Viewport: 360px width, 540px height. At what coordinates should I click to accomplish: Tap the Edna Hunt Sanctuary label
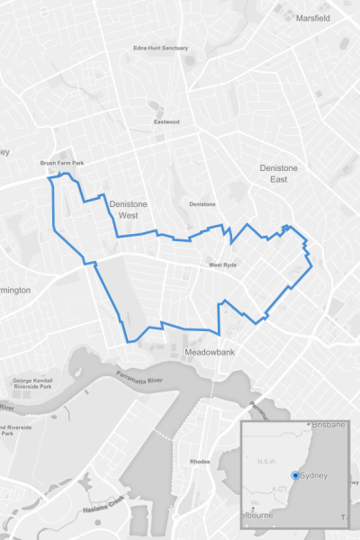pos(161,49)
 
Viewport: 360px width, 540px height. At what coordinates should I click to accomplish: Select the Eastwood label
pos(166,121)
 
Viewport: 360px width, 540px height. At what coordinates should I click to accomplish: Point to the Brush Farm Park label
pos(61,163)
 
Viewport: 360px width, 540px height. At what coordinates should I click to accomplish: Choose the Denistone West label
pos(128,210)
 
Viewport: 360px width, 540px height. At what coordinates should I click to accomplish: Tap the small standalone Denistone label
pos(202,204)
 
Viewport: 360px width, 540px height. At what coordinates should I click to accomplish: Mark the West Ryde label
pos(222,265)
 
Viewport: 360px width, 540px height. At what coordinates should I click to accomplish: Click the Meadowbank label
pos(209,352)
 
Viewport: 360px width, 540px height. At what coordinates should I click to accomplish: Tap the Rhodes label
pos(200,462)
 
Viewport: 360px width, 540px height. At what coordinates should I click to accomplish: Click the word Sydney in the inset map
pos(314,475)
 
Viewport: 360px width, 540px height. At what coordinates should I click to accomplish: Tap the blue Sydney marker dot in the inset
pos(296,475)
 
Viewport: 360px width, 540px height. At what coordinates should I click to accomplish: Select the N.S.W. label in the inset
pos(267,461)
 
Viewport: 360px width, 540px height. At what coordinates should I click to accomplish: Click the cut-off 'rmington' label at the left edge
pos(15,290)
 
